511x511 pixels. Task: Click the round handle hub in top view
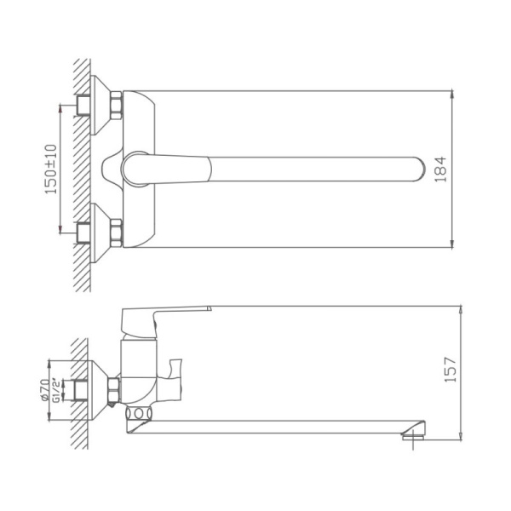136,168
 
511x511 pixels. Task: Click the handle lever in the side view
170,311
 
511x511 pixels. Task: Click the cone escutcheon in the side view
100,390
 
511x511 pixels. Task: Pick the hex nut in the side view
115,390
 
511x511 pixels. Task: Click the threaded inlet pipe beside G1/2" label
82,390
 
